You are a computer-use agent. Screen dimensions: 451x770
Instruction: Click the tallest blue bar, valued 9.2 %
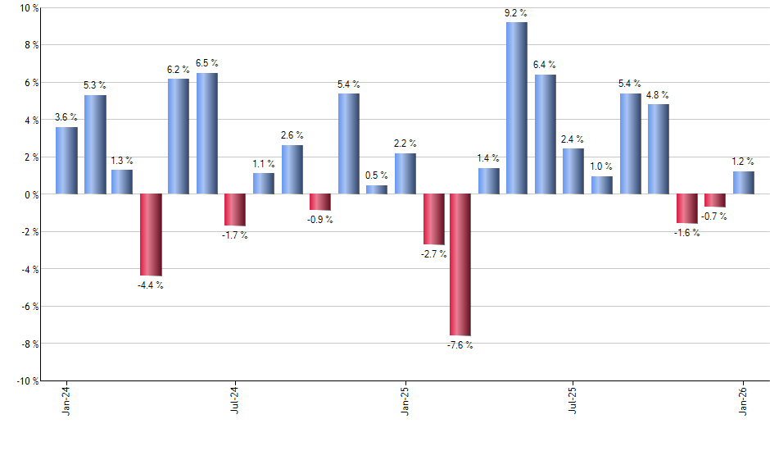pos(516,108)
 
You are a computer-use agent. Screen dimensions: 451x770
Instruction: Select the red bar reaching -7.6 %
pos(460,264)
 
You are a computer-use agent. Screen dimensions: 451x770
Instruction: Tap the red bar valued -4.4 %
pos(151,235)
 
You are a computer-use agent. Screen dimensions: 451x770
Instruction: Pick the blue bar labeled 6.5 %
pos(206,134)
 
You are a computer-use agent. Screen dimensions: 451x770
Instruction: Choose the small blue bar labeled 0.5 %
pos(376,189)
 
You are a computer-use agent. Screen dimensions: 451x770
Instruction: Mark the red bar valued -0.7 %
pos(714,200)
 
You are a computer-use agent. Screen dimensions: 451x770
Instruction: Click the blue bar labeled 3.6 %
pos(66,161)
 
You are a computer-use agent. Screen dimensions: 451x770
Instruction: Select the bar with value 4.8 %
pos(658,149)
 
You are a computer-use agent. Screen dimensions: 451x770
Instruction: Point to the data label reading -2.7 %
pos(433,254)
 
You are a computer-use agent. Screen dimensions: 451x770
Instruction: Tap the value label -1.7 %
pos(234,235)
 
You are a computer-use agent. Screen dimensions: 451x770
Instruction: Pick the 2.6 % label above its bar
pos(292,135)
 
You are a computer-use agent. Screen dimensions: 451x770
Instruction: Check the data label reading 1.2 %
pos(743,162)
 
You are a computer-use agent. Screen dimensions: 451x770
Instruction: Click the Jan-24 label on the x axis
pos(66,400)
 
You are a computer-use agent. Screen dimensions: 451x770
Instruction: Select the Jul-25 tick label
pos(573,400)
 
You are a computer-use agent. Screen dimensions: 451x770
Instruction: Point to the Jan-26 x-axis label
pos(743,400)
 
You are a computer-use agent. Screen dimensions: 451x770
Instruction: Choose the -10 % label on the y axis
pos(28,380)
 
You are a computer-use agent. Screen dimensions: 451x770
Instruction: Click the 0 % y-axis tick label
pos(32,194)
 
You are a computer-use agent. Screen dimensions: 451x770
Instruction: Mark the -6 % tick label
pos(30,306)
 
